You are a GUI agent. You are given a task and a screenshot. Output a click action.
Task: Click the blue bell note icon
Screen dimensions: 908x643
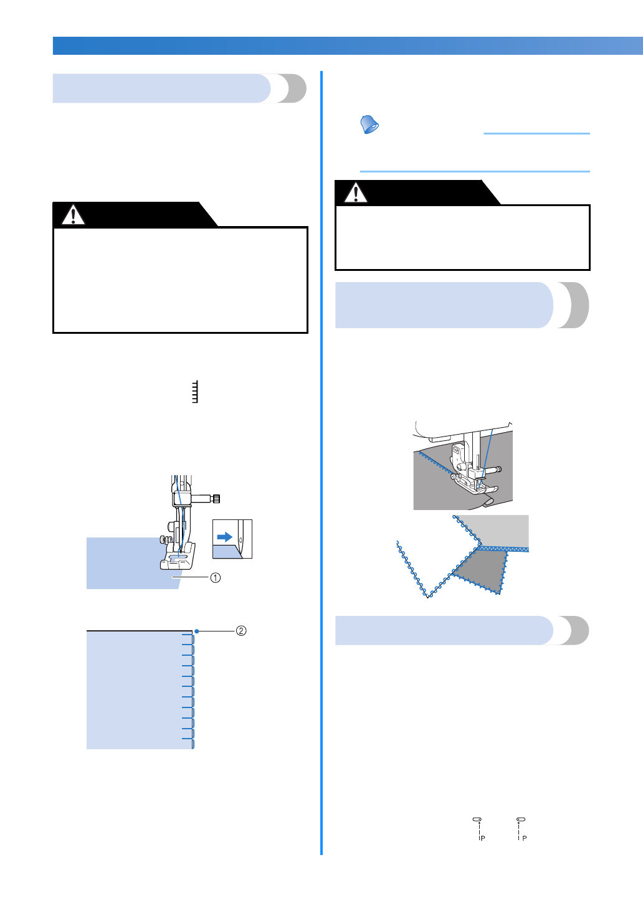tap(369, 125)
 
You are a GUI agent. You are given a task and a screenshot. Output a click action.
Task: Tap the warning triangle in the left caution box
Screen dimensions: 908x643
tap(73, 215)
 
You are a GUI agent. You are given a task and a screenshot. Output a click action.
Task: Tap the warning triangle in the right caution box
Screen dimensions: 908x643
tap(356, 193)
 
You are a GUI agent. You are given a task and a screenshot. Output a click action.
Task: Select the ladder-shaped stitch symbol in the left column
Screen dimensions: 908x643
tap(195, 392)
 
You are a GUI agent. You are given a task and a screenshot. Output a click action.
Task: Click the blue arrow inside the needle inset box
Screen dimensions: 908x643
tap(224, 537)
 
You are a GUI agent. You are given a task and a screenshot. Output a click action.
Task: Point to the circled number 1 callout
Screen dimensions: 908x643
tap(215, 577)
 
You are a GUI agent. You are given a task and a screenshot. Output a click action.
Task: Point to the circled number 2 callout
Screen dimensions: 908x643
tap(241, 631)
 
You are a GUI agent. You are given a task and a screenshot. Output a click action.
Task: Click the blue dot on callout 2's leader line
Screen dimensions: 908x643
tap(196, 631)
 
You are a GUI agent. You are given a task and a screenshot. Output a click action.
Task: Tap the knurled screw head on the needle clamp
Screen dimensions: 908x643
tap(216, 498)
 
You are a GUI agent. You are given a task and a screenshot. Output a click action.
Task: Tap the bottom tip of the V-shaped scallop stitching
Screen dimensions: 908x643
tap(428, 596)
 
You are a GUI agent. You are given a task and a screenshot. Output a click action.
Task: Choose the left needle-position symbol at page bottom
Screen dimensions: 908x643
tap(479, 828)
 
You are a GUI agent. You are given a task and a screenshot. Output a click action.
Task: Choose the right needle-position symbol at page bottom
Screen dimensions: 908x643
tap(521, 828)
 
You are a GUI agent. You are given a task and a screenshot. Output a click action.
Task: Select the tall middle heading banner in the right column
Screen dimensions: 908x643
tap(461, 305)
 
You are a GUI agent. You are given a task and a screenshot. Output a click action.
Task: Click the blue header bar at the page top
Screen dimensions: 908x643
tap(348, 45)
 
